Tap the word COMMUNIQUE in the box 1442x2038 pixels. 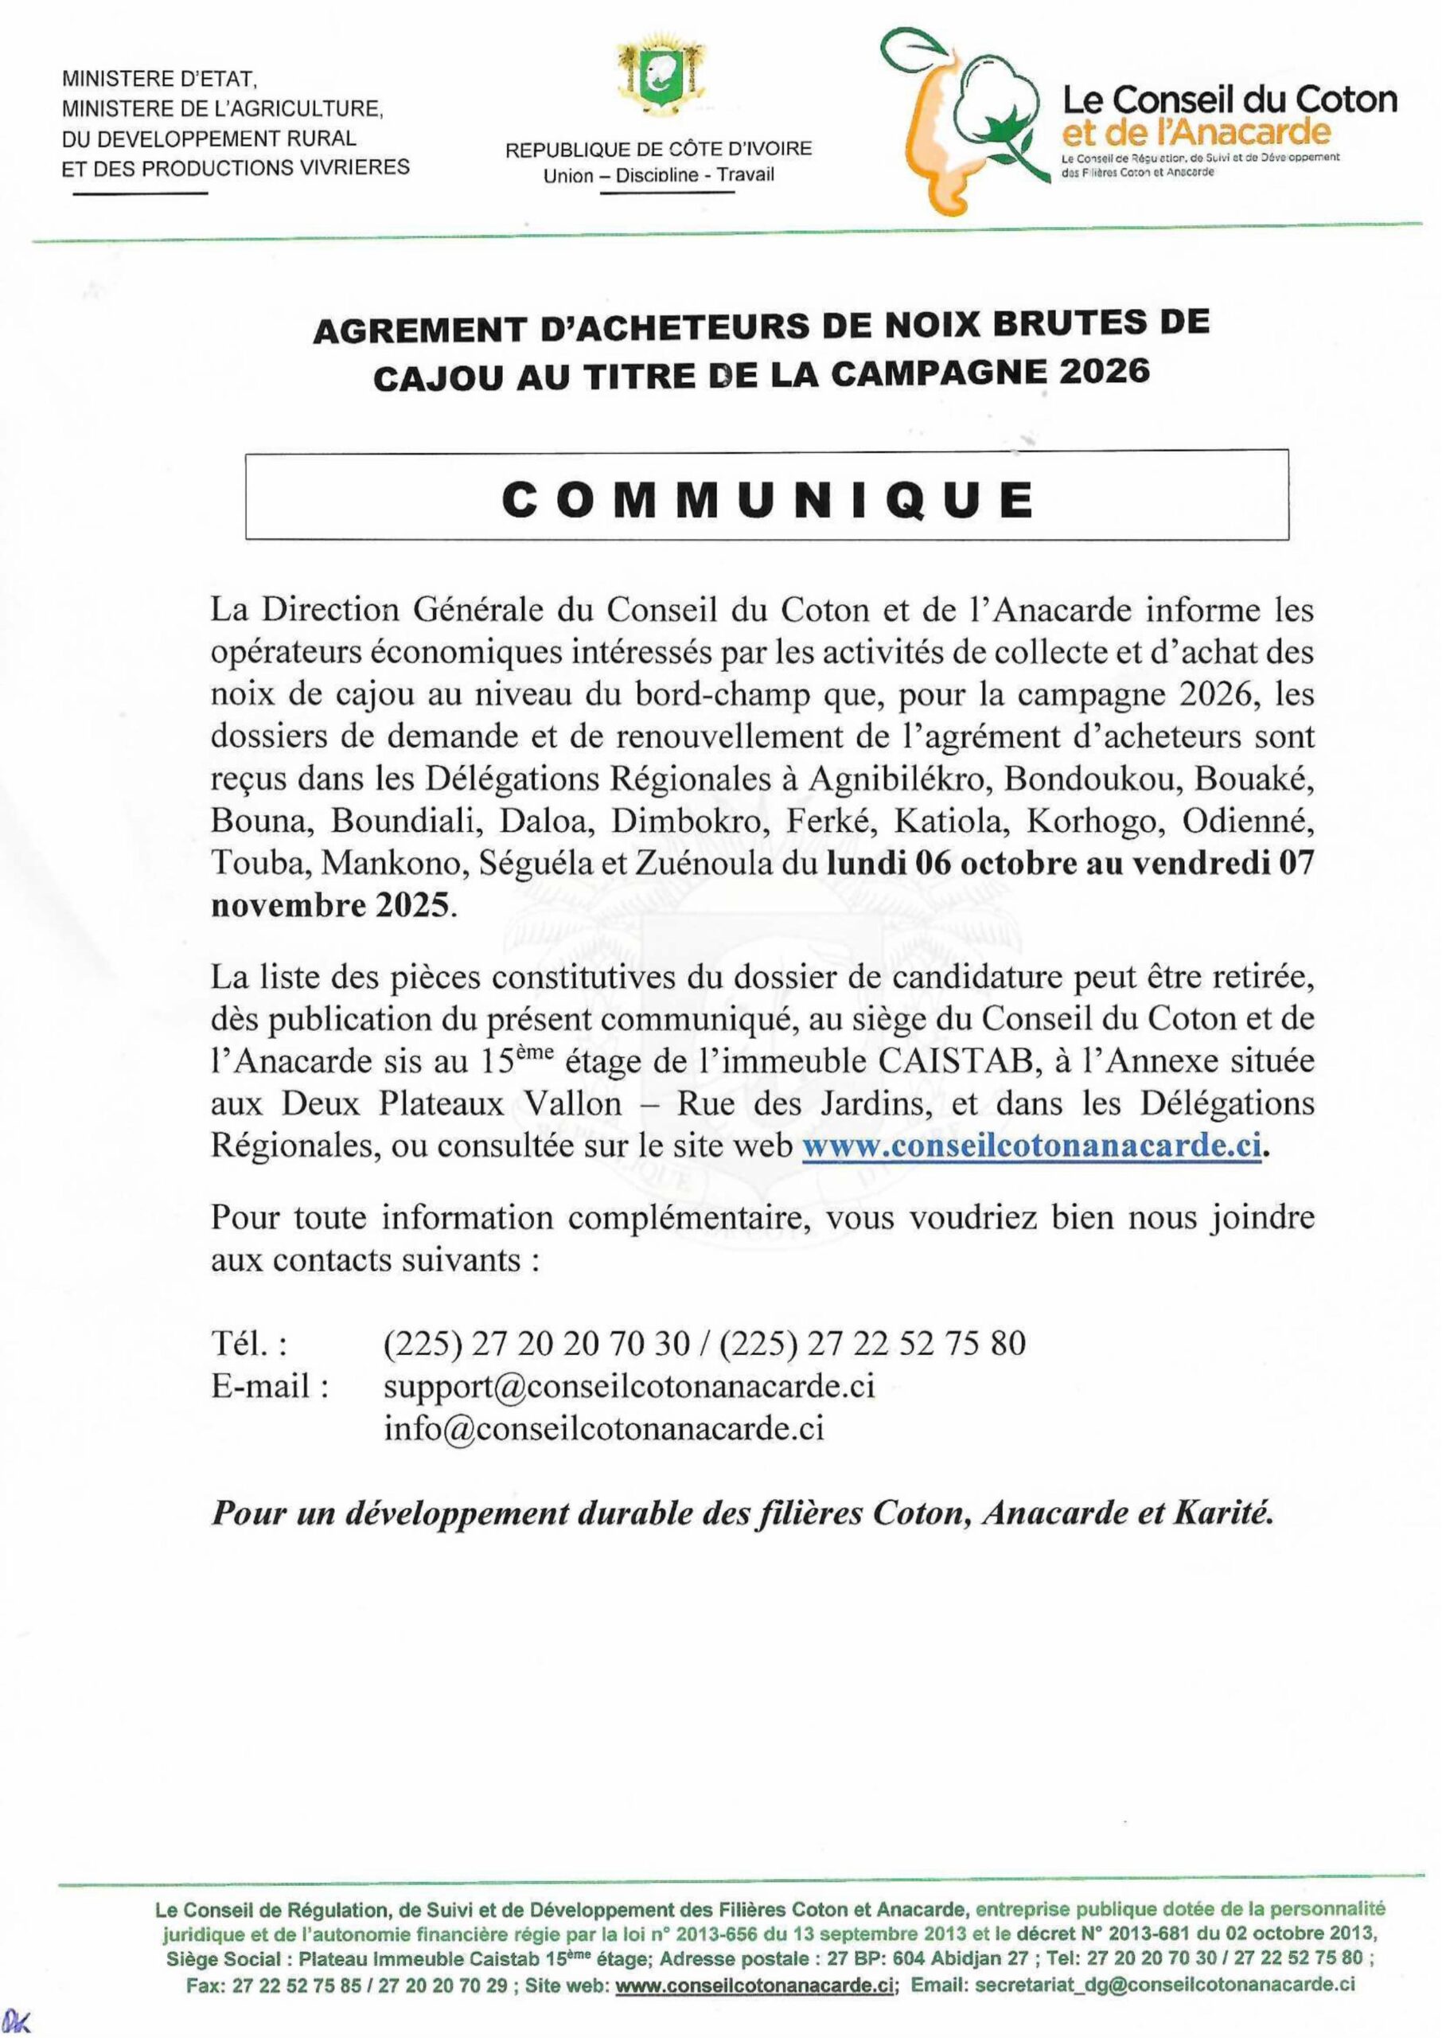[x=767, y=502]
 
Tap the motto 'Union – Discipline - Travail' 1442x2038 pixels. [x=659, y=175]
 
